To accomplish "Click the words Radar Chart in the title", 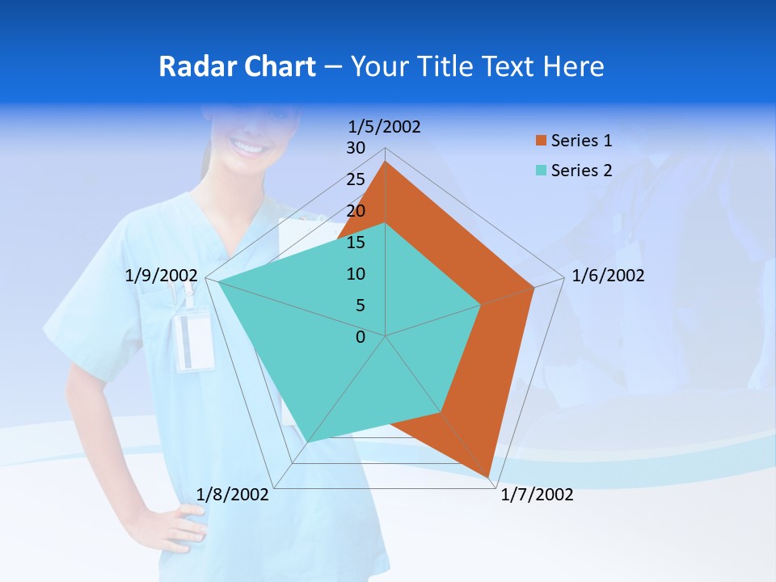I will coord(237,66).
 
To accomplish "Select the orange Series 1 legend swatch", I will coord(541,141).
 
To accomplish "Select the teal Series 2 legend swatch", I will coord(541,171).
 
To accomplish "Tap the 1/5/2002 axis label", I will coord(385,127).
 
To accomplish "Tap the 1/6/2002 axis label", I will coord(608,276).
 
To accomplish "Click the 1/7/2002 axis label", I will coord(537,495).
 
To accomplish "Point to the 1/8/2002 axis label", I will coord(233,495).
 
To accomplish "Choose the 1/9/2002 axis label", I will coord(162,276).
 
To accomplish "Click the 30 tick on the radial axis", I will coord(355,148).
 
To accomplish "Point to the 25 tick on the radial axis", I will coord(355,179).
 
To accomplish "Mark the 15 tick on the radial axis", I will coord(355,242).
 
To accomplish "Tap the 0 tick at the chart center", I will coord(361,337).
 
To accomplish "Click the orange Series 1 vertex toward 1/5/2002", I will coord(386,162).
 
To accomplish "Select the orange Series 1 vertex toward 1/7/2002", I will coord(488,477).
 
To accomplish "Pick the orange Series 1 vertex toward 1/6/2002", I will coord(534,287).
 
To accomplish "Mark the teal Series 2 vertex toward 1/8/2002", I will coord(308,442).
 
